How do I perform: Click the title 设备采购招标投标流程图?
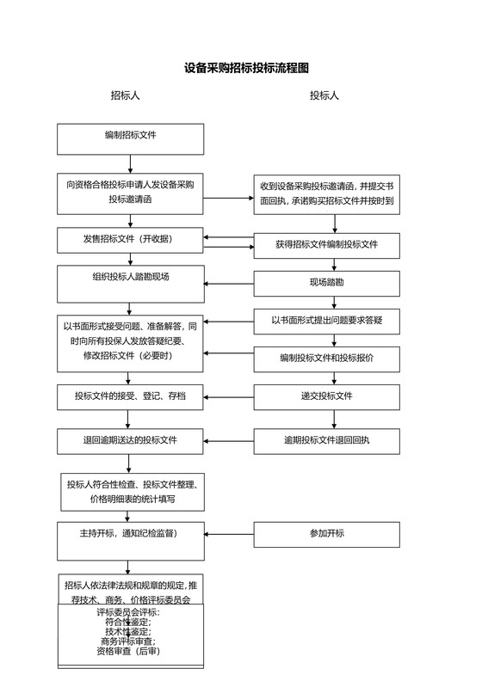click(246, 68)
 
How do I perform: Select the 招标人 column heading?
click(125, 95)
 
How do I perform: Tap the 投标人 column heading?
click(324, 95)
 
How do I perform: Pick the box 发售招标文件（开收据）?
click(130, 239)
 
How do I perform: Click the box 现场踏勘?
click(326, 283)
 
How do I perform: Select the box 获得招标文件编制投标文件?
click(326, 245)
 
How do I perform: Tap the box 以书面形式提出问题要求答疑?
click(326, 321)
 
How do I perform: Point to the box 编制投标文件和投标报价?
click(326, 359)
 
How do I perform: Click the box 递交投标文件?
click(326, 396)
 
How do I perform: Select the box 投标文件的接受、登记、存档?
click(130, 396)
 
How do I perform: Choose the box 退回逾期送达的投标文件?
click(130, 441)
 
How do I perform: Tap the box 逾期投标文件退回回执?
click(326, 441)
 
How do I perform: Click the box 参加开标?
click(326, 534)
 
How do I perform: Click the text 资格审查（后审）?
click(130, 652)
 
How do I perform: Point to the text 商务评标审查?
click(130, 641)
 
